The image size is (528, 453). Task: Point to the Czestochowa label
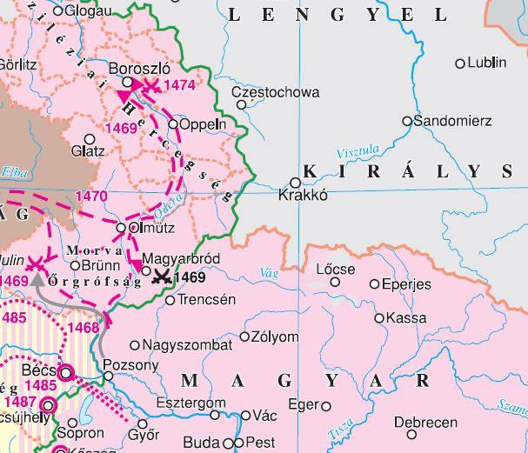[x=276, y=92]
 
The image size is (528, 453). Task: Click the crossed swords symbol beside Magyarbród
[x=160, y=277]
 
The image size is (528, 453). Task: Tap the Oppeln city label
[x=202, y=123]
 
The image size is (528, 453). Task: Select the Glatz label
[x=89, y=150]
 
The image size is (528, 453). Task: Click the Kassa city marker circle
[x=379, y=318]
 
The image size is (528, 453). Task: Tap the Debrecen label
[x=425, y=422]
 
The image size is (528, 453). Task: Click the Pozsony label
[x=130, y=364]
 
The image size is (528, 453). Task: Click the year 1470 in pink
[x=92, y=197]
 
